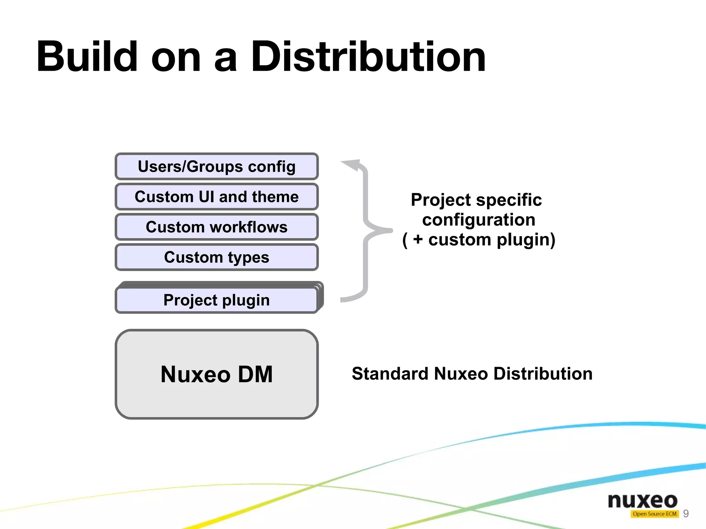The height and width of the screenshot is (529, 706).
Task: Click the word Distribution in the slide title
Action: (368, 57)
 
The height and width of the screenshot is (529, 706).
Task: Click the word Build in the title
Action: (87, 57)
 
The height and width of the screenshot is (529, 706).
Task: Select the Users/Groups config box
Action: (216, 166)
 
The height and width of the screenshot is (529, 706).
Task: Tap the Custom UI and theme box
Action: (216, 197)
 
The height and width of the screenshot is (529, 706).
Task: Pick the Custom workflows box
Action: (216, 227)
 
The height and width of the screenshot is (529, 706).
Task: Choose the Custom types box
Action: (216, 257)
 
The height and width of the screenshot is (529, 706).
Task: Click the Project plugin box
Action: (216, 300)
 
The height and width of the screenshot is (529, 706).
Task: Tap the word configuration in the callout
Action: (478, 220)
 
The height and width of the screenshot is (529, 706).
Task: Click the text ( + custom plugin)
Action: (478, 240)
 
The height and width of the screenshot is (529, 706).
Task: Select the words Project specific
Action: (476, 200)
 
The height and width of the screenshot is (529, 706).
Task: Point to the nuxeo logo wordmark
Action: (643, 500)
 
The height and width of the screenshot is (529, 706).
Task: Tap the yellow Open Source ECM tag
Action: (654, 514)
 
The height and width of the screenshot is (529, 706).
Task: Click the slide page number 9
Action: (686, 513)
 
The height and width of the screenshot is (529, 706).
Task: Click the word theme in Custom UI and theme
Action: (275, 197)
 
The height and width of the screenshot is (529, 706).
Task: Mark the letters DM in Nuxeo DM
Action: (255, 374)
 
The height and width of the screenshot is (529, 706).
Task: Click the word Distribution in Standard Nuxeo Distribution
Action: (543, 374)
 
